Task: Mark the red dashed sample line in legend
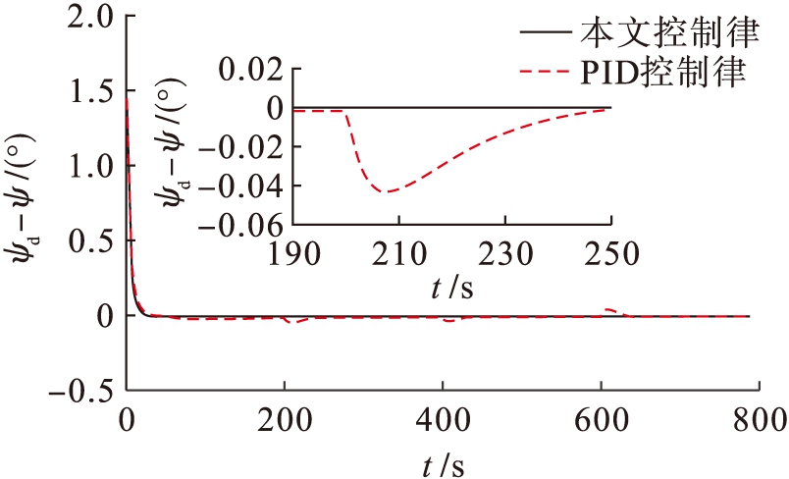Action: tap(545, 72)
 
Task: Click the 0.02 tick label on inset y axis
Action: tap(244, 69)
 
